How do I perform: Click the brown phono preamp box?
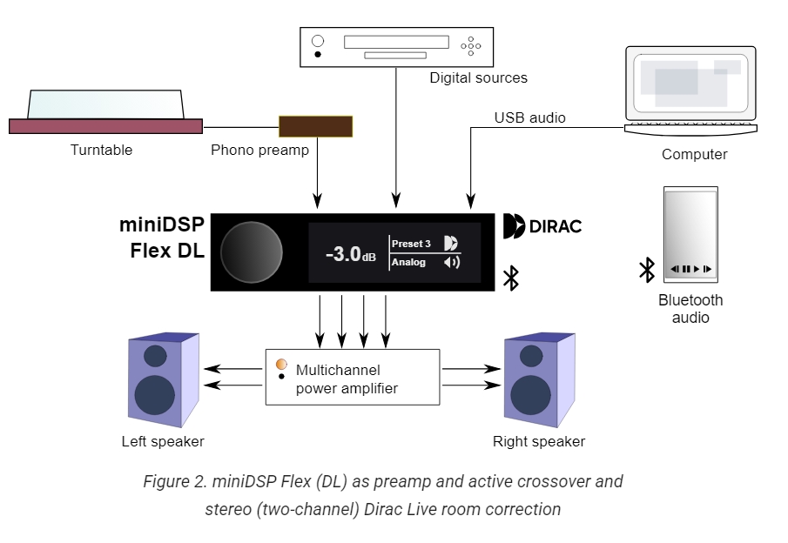pyautogui.click(x=315, y=126)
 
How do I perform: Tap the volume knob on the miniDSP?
pyautogui.click(x=252, y=252)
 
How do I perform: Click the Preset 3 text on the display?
pyautogui.click(x=411, y=244)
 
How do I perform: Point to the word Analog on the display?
pyautogui.click(x=408, y=262)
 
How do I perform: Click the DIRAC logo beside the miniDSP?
pyautogui.click(x=542, y=226)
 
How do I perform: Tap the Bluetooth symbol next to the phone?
pyautogui.click(x=647, y=270)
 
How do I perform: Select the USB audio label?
pyautogui.click(x=529, y=117)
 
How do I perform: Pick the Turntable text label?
pyautogui.click(x=102, y=150)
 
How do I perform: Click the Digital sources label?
pyautogui.click(x=478, y=77)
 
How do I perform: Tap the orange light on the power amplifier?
pyautogui.click(x=281, y=364)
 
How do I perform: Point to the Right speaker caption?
pyautogui.click(x=539, y=441)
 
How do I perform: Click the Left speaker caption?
pyautogui.click(x=163, y=441)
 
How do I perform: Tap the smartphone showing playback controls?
pyautogui.click(x=690, y=233)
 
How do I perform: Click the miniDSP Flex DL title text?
pyautogui.click(x=162, y=238)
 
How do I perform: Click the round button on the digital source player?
pyautogui.click(x=318, y=41)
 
